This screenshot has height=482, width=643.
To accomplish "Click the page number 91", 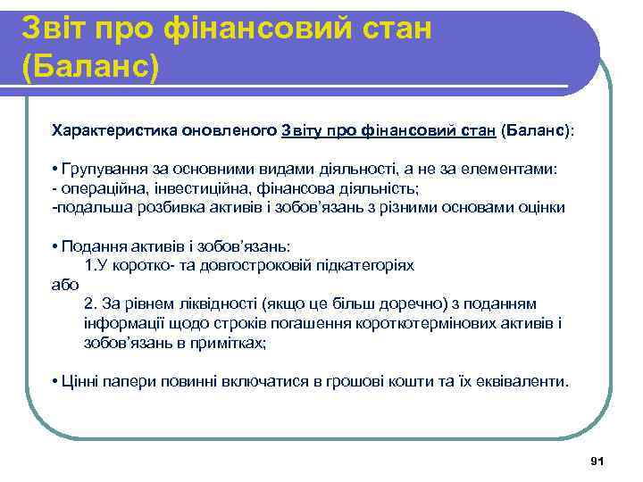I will point(598,461).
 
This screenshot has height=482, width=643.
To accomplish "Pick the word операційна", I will point(96,188).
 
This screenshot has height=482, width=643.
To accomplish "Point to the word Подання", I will point(88,245).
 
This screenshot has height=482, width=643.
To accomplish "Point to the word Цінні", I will point(79,381).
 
